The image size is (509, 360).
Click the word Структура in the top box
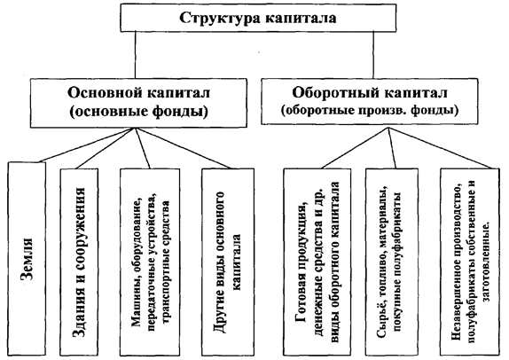click(x=219, y=18)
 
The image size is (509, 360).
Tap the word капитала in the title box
click(x=301, y=18)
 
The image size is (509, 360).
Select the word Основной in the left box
click(x=106, y=93)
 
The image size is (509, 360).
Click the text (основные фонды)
click(x=138, y=112)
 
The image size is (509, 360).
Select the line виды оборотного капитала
click(x=335, y=262)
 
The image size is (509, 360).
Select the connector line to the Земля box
click(x=86, y=145)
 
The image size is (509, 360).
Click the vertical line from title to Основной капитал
click(x=135, y=55)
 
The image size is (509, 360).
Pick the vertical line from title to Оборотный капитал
click(x=373, y=55)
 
